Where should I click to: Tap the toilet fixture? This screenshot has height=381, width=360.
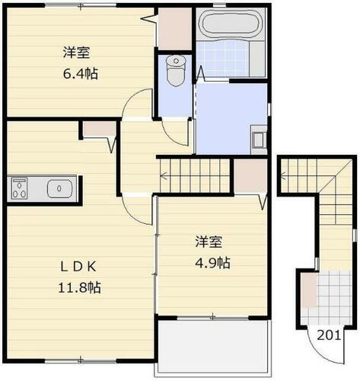177,71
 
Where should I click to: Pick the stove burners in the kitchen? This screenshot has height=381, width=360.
19,188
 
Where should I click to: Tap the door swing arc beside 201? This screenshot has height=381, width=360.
320,332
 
